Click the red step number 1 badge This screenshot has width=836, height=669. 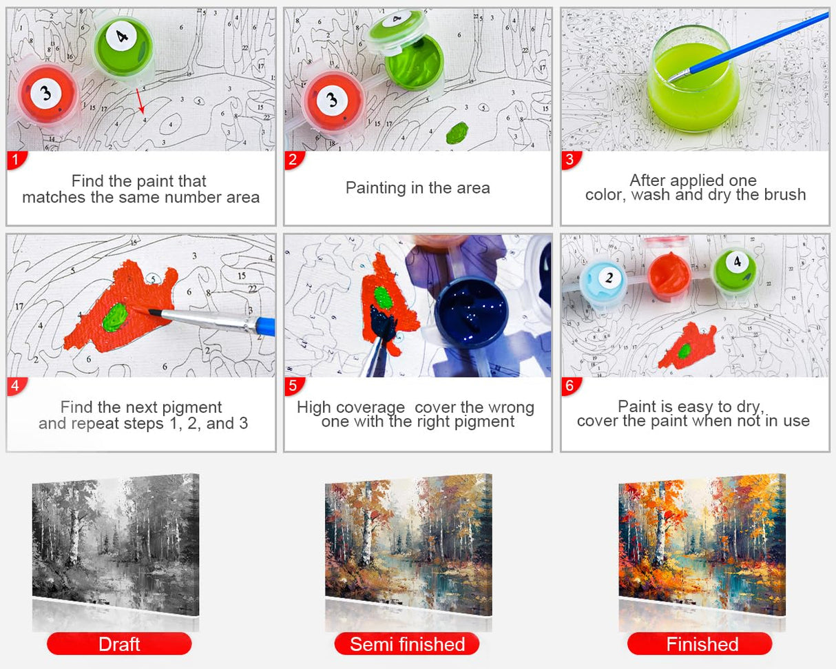[x=17, y=160]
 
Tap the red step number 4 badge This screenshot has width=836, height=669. [x=17, y=386]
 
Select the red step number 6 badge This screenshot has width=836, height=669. [x=570, y=386]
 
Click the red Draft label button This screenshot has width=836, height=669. [x=119, y=644]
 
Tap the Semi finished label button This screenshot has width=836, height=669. [x=407, y=644]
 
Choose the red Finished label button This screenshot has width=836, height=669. [x=700, y=644]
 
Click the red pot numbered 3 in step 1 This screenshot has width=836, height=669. [x=46, y=92]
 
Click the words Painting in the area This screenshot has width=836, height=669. [x=418, y=187]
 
